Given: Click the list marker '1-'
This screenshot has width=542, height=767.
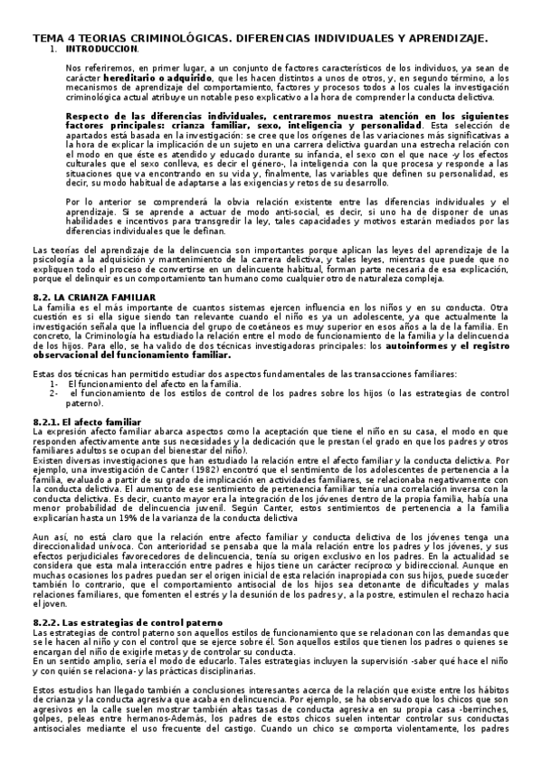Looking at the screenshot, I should coord(54,383).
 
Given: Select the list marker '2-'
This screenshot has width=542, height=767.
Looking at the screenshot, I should coord(54,393).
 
